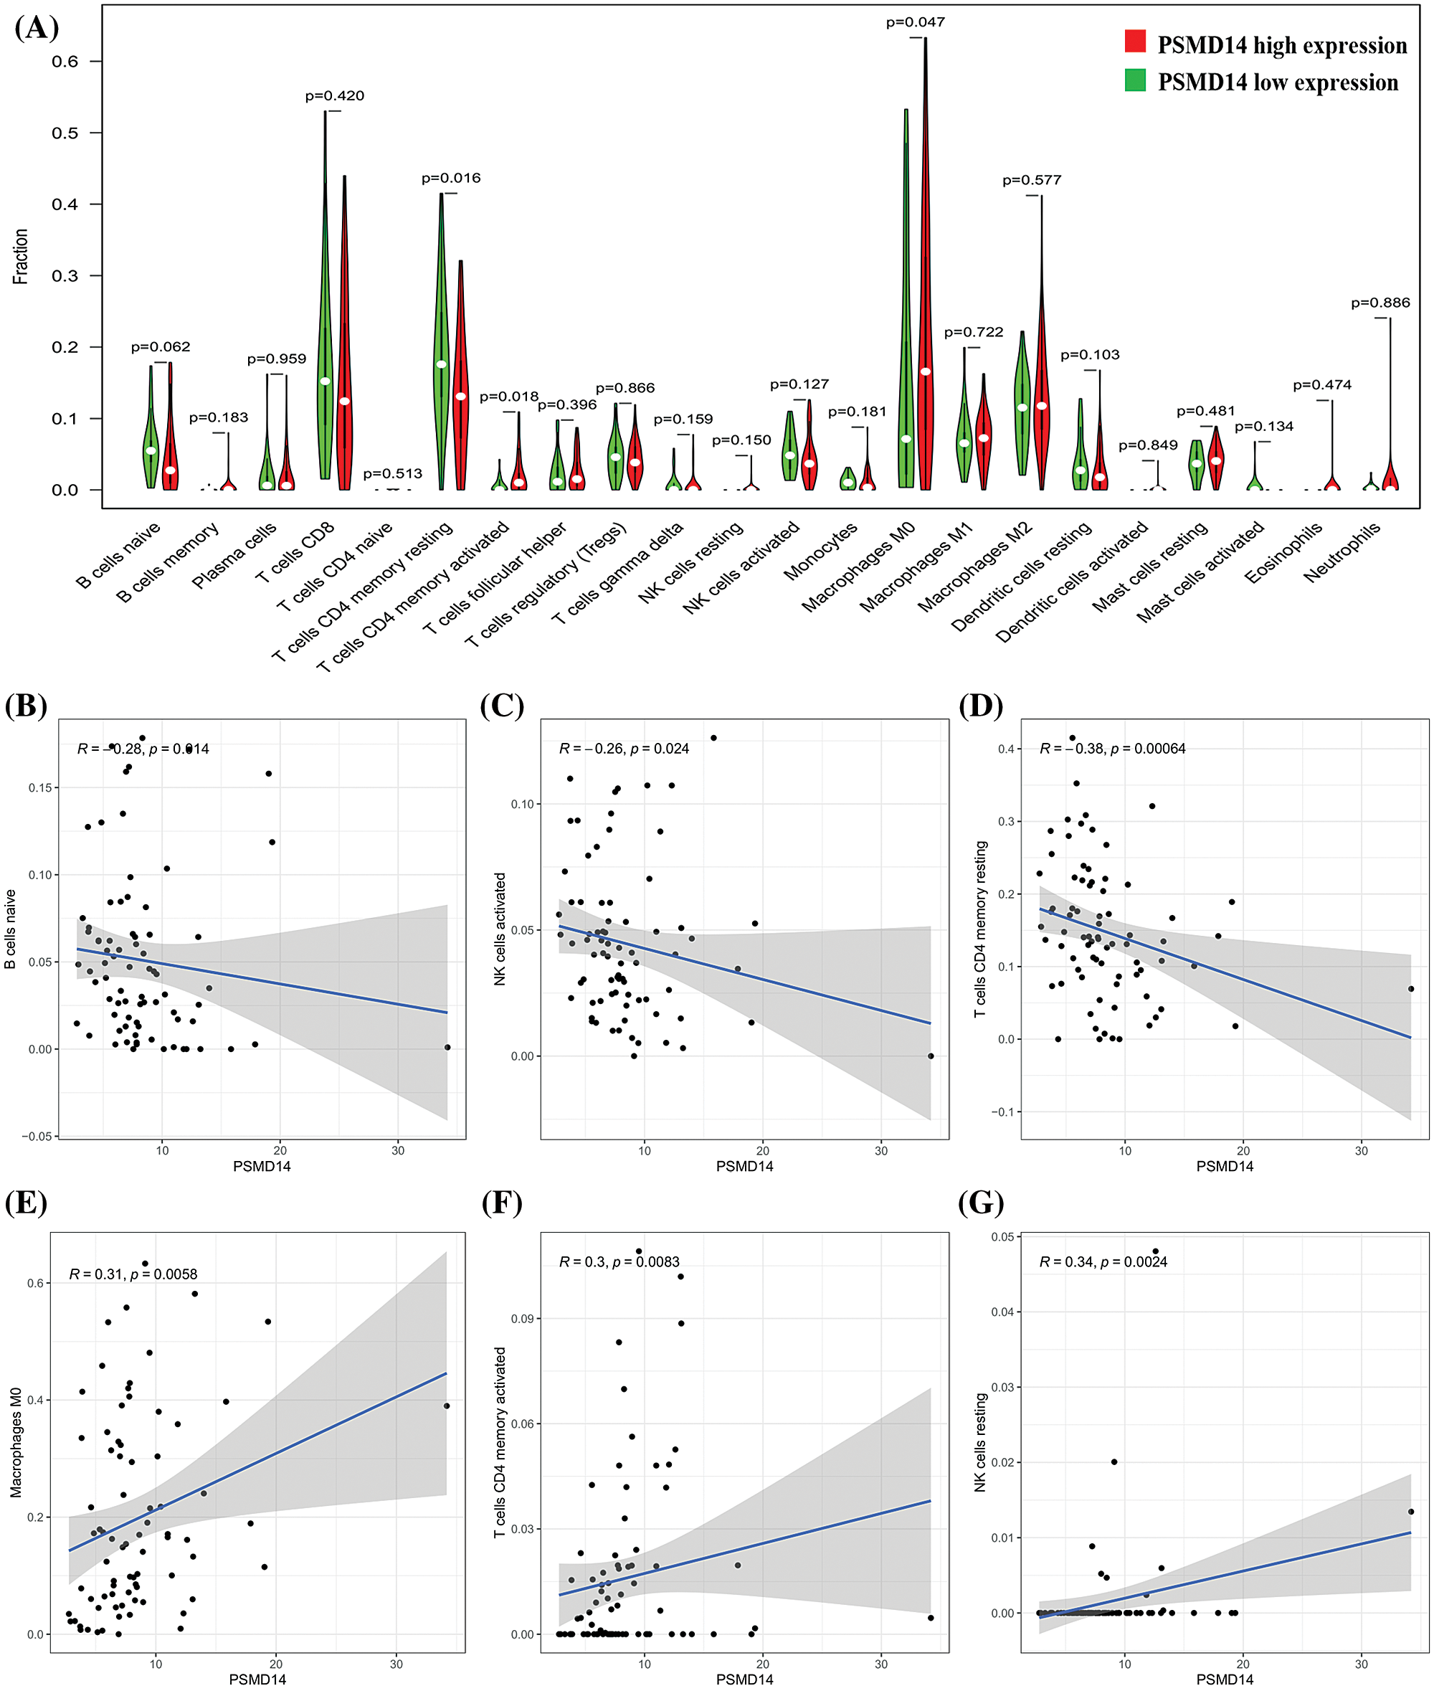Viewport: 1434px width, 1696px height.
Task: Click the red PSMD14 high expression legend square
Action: pos(1135,42)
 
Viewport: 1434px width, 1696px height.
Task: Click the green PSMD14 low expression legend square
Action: pos(1135,80)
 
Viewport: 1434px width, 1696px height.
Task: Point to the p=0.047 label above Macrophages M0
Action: pos(916,23)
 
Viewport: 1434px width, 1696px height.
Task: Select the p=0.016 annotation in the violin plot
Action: pos(450,178)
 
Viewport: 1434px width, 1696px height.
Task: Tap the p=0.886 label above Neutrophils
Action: pos(1380,303)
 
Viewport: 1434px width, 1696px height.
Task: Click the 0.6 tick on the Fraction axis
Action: pos(65,62)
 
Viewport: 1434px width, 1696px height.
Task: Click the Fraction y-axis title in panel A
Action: pos(20,256)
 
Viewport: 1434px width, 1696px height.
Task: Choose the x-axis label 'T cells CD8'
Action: pos(295,553)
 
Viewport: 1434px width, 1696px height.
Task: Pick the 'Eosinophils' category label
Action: pos(1283,553)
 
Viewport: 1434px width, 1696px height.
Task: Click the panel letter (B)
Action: pos(26,706)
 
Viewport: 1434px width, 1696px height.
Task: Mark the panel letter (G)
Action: pos(981,1203)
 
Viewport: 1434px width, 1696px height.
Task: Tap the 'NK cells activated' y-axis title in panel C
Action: pos(500,929)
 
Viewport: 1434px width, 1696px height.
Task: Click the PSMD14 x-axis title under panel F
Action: pos(744,1679)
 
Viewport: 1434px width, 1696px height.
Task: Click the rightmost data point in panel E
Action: pos(446,1406)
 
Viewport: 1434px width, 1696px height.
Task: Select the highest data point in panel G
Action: pos(1155,1251)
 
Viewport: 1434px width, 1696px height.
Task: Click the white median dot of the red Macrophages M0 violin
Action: pos(925,371)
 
